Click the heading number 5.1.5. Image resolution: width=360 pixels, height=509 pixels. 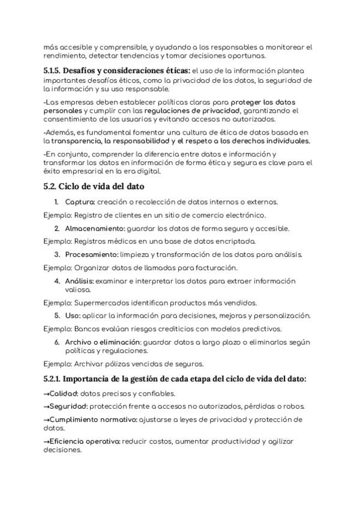pyautogui.click(x=52, y=71)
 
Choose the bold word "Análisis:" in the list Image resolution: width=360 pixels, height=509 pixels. pyautogui.click(x=79, y=280)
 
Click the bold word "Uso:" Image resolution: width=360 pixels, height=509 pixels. pyautogui.click(x=72, y=315)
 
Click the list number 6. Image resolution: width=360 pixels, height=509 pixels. pyautogui.click(x=57, y=342)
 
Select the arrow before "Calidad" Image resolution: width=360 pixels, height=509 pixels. pyautogui.click(x=47, y=394)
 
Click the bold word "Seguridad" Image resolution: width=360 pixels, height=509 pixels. pyautogui.click(x=65, y=406)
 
